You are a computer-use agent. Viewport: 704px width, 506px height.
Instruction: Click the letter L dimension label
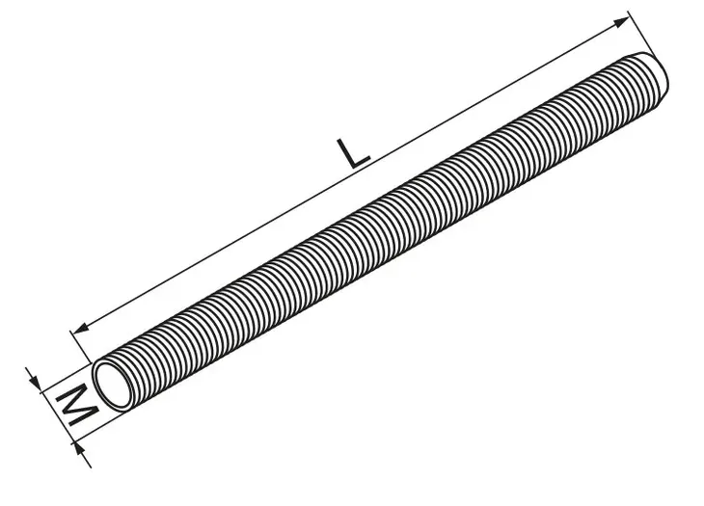coord(353,154)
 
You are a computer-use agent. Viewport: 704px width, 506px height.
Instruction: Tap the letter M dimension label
coord(77,405)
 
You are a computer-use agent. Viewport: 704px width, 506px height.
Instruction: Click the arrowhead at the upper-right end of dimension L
coord(621,22)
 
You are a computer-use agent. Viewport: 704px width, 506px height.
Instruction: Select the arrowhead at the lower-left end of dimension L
coord(81,330)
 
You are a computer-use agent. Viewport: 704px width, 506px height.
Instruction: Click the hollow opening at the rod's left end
coord(115,386)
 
